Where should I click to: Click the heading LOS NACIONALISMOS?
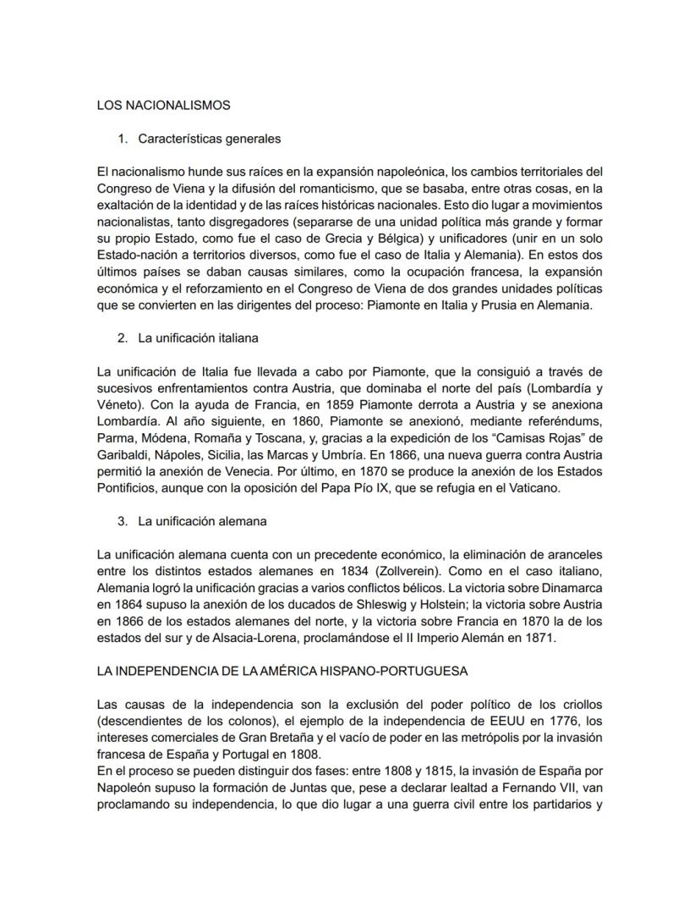pyautogui.click(x=164, y=106)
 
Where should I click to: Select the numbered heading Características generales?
pyautogui.click(x=209, y=138)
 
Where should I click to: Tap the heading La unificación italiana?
pyautogui.click(x=198, y=338)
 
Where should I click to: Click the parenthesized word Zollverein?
pyautogui.click(x=413, y=571)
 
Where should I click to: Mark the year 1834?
pyautogui.click(x=346, y=571)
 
